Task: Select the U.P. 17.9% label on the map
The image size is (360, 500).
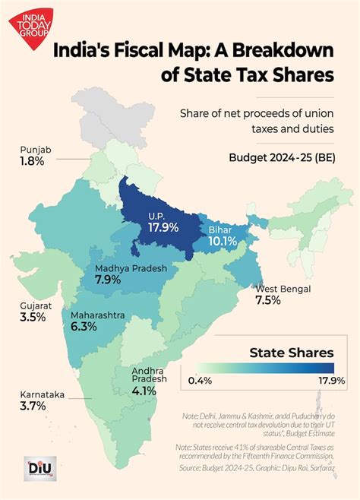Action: tap(162, 220)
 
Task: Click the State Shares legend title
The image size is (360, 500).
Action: tap(292, 353)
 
